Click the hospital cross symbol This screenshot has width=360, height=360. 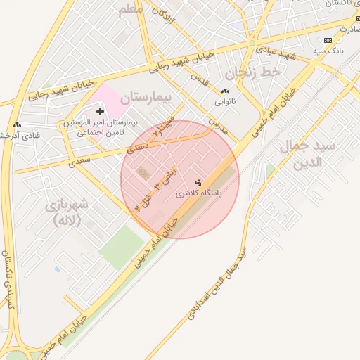[x=100, y=111]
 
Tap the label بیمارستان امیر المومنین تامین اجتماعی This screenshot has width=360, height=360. [x=101, y=127]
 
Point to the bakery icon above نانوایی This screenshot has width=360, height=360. [x=225, y=91]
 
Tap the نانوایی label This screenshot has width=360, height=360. [x=225, y=101]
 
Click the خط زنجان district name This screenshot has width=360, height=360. [x=253, y=72]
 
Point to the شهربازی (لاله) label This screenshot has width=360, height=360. [x=67, y=212]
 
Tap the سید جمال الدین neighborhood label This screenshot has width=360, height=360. [x=309, y=154]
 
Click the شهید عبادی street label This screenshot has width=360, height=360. [x=276, y=51]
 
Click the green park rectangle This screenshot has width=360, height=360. [x=121, y=247]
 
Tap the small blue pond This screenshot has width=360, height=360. [x=58, y=269]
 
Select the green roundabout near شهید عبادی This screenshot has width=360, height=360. [x=252, y=44]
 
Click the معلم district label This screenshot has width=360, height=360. [x=131, y=10]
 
